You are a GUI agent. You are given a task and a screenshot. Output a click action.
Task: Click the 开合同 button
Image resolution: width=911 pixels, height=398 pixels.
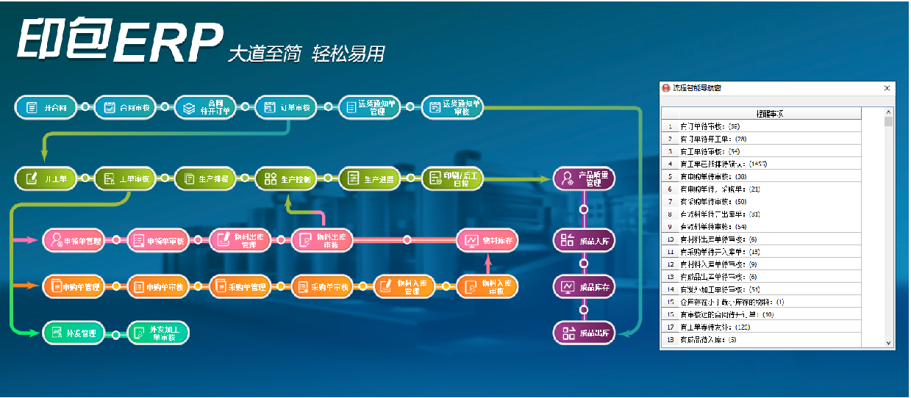pyautogui.click(x=46, y=107)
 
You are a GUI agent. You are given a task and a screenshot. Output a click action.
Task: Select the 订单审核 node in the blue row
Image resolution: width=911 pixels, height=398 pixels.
pyautogui.click(x=287, y=107)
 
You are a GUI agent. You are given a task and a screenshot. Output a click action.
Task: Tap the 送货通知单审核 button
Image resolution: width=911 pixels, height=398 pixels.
pyautogui.click(x=454, y=108)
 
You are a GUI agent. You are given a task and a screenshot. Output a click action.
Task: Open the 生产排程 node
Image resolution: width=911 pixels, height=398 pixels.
pyautogui.click(x=206, y=178)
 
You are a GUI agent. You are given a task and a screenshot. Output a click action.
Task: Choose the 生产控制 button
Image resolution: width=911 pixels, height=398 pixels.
pyautogui.click(x=287, y=178)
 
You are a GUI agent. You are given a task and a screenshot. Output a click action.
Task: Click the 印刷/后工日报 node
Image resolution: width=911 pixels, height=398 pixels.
pyautogui.click(x=453, y=178)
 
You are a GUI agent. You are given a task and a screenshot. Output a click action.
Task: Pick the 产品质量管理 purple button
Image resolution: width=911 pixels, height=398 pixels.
pyautogui.click(x=584, y=178)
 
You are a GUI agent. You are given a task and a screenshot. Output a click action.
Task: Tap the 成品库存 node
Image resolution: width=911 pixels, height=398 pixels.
pyautogui.click(x=584, y=286)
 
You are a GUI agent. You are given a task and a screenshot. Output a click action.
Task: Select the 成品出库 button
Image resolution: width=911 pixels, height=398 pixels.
pyautogui.click(x=584, y=333)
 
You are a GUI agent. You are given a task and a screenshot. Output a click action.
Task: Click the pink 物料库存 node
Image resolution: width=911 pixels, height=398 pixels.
pyautogui.click(x=487, y=240)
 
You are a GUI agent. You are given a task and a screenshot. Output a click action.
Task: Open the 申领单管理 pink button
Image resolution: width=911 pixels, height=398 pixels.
pyautogui.click(x=74, y=240)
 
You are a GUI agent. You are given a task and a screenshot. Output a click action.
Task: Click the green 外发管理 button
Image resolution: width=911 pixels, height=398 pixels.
pyautogui.click(x=74, y=333)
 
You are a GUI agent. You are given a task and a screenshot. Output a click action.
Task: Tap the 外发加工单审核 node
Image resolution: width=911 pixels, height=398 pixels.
pyautogui.click(x=158, y=333)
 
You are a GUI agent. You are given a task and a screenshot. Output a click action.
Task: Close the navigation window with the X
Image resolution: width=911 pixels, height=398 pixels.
pyautogui.click(x=887, y=87)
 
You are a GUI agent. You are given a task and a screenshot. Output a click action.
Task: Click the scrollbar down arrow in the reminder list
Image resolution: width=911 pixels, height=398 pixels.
pyautogui.click(x=888, y=342)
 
